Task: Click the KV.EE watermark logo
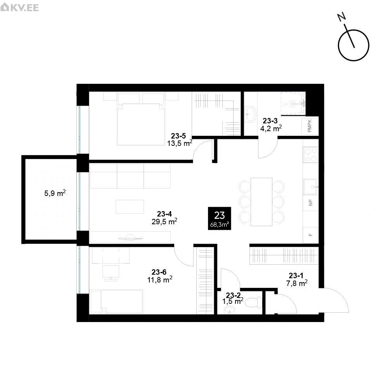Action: pyautogui.click(x=19, y=7)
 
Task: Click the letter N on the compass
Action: pyautogui.click(x=342, y=17)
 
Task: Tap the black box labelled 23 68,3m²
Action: pyautogui.click(x=220, y=218)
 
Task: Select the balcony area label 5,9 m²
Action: pyautogui.click(x=55, y=193)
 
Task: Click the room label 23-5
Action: pyautogui.click(x=178, y=136)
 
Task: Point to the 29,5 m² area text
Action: pyautogui.click(x=164, y=221)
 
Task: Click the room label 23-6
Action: pyautogui.click(x=159, y=272)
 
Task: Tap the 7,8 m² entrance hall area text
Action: pyautogui.click(x=297, y=283)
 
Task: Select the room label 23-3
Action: pyautogui.click(x=270, y=121)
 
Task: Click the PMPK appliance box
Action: pyautogui.click(x=310, y=126)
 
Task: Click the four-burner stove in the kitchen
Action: pyautogui.click(x=310, y=155)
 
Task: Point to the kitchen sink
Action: pyautogui.click(x=310, y=187)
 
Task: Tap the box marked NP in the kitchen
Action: pyautogui.click(x=310, y=203)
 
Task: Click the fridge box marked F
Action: pyautogui.click(x=310, y=235)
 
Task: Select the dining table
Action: pyautogui.click(x=261, y=202)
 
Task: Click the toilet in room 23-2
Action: pyautogui.click(x=254, y=302)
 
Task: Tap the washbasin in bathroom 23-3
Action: pyautogui.click(x=250, y=114)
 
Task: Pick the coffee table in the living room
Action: pyautogui.click(x=130, y=207)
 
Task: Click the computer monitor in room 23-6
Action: pyautogui.click(x=111, y=273)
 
